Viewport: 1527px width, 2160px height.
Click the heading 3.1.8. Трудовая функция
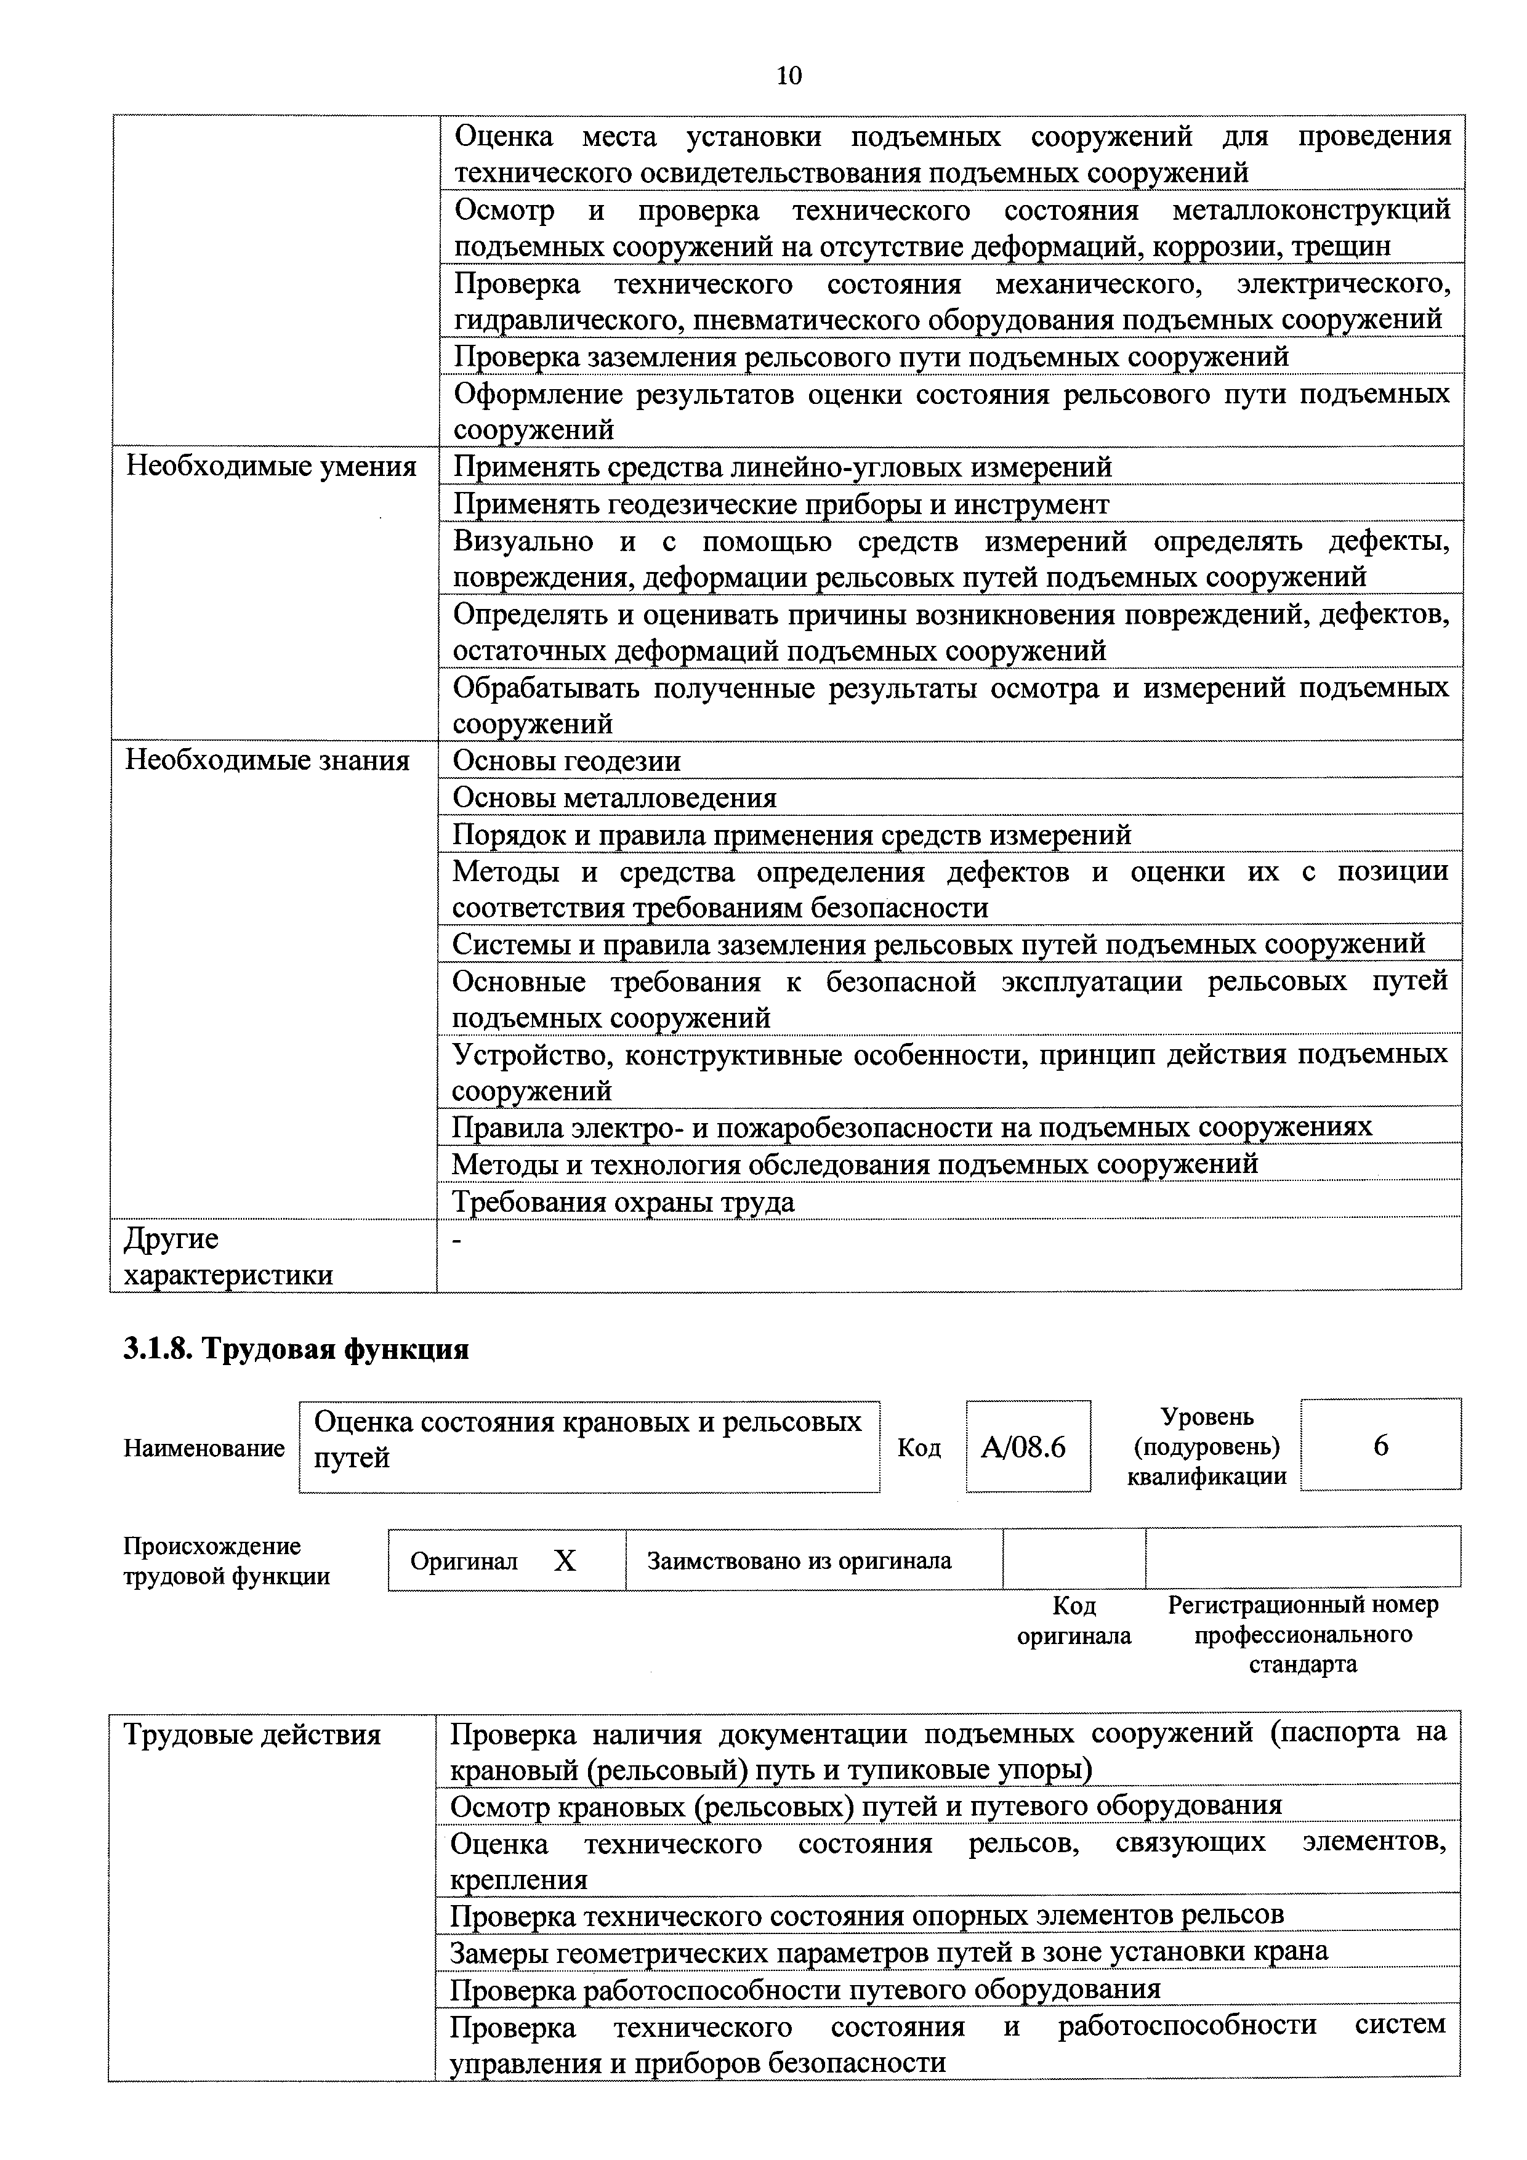[296, 1349]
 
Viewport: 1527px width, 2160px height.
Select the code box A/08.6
[1028, 1446]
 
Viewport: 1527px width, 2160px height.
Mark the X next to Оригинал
[565, 1562]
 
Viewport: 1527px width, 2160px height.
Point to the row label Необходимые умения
[271, 467]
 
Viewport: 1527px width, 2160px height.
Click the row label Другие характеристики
[228, 1257]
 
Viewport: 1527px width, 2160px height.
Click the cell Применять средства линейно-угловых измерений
[782, 467]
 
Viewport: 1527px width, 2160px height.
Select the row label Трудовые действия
[252, 1735]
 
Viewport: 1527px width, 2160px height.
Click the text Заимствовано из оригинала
[799, 1562]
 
